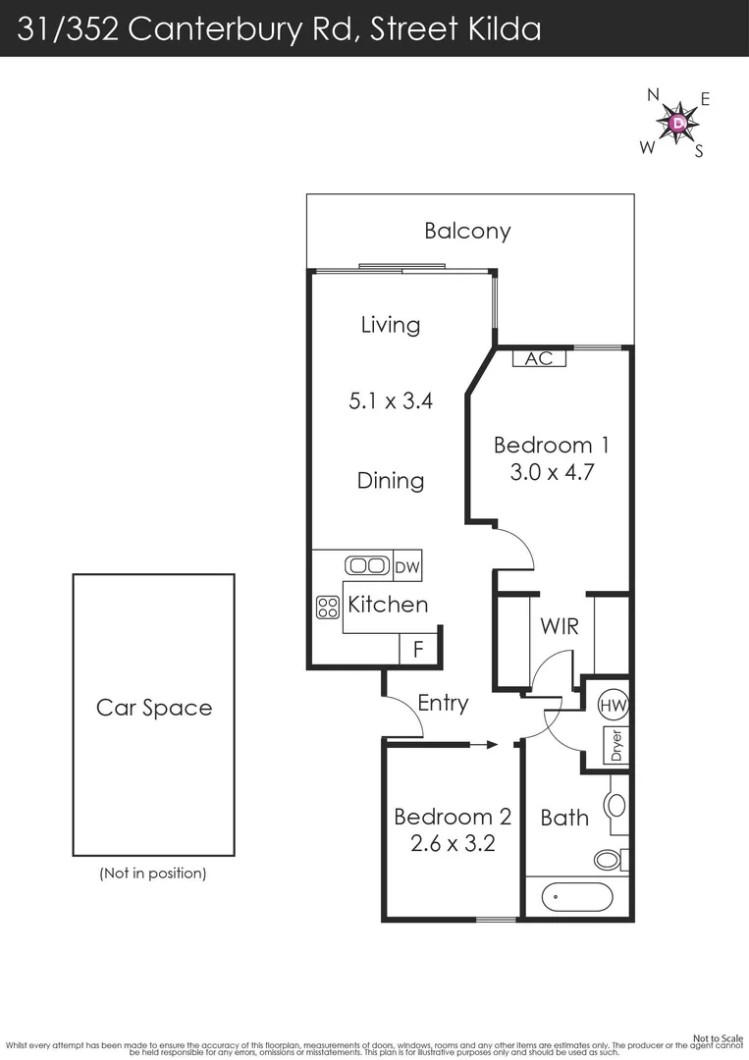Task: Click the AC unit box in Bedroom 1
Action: point(539,358)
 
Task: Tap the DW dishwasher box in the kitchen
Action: point(406,566)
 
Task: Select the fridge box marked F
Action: point(417,649)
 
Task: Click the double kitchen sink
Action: point(368,566)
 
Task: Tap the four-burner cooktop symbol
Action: point(327,608)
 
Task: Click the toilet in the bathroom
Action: point(610,860)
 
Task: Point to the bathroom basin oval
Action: point(615,806)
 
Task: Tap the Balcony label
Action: point(467,232)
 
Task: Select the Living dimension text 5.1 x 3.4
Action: point(391,400)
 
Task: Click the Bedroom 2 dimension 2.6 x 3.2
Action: point(453,842)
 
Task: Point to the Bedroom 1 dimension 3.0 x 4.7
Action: point(551,472)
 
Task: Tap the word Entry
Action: point(443,703)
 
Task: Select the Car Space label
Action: point(154,708)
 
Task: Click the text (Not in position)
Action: point(153,873)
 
